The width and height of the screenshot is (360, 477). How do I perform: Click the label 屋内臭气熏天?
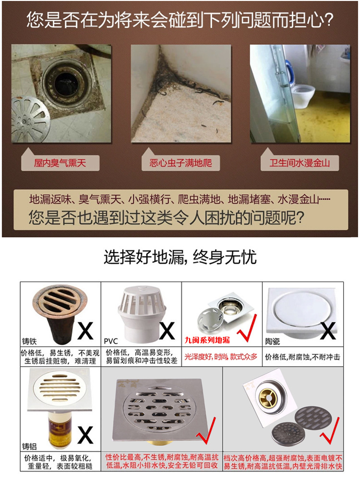click(x=60, y=163)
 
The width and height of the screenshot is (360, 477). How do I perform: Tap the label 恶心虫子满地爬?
click(x=180, y=163)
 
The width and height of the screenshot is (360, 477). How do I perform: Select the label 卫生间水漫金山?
click(x=300, y=163)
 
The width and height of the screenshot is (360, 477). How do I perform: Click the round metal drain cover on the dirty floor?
click(x=30, y=119)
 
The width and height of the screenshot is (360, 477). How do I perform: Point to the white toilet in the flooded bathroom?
click(x=303, y=93)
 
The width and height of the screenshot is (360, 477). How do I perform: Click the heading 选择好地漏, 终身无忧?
click(x=180, y=257)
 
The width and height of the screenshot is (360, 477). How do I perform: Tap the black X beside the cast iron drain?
click(x=85, y=330)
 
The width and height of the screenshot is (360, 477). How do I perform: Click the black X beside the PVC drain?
click(x=167, y=330)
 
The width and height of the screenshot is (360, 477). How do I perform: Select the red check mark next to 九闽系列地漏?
click(x=247, y=328)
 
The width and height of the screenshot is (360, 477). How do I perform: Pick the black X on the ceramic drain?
click(x=328, y=330)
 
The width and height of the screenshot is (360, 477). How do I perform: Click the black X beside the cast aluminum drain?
click(x=85, y=435)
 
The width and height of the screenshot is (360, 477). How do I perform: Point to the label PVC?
click(x=111, y=341)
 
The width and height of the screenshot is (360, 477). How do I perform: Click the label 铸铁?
click(x=29, y=341)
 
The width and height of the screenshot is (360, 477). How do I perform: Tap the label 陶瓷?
click(x=273, y=342)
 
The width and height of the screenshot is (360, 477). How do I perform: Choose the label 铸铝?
click(x=29, y=446)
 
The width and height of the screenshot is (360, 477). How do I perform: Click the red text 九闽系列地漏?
click(x=207, y=340)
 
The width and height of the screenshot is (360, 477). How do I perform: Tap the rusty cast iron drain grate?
click(x=60, y=299)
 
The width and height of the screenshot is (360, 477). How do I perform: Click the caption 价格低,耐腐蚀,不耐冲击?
click(x=302, y=357)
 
